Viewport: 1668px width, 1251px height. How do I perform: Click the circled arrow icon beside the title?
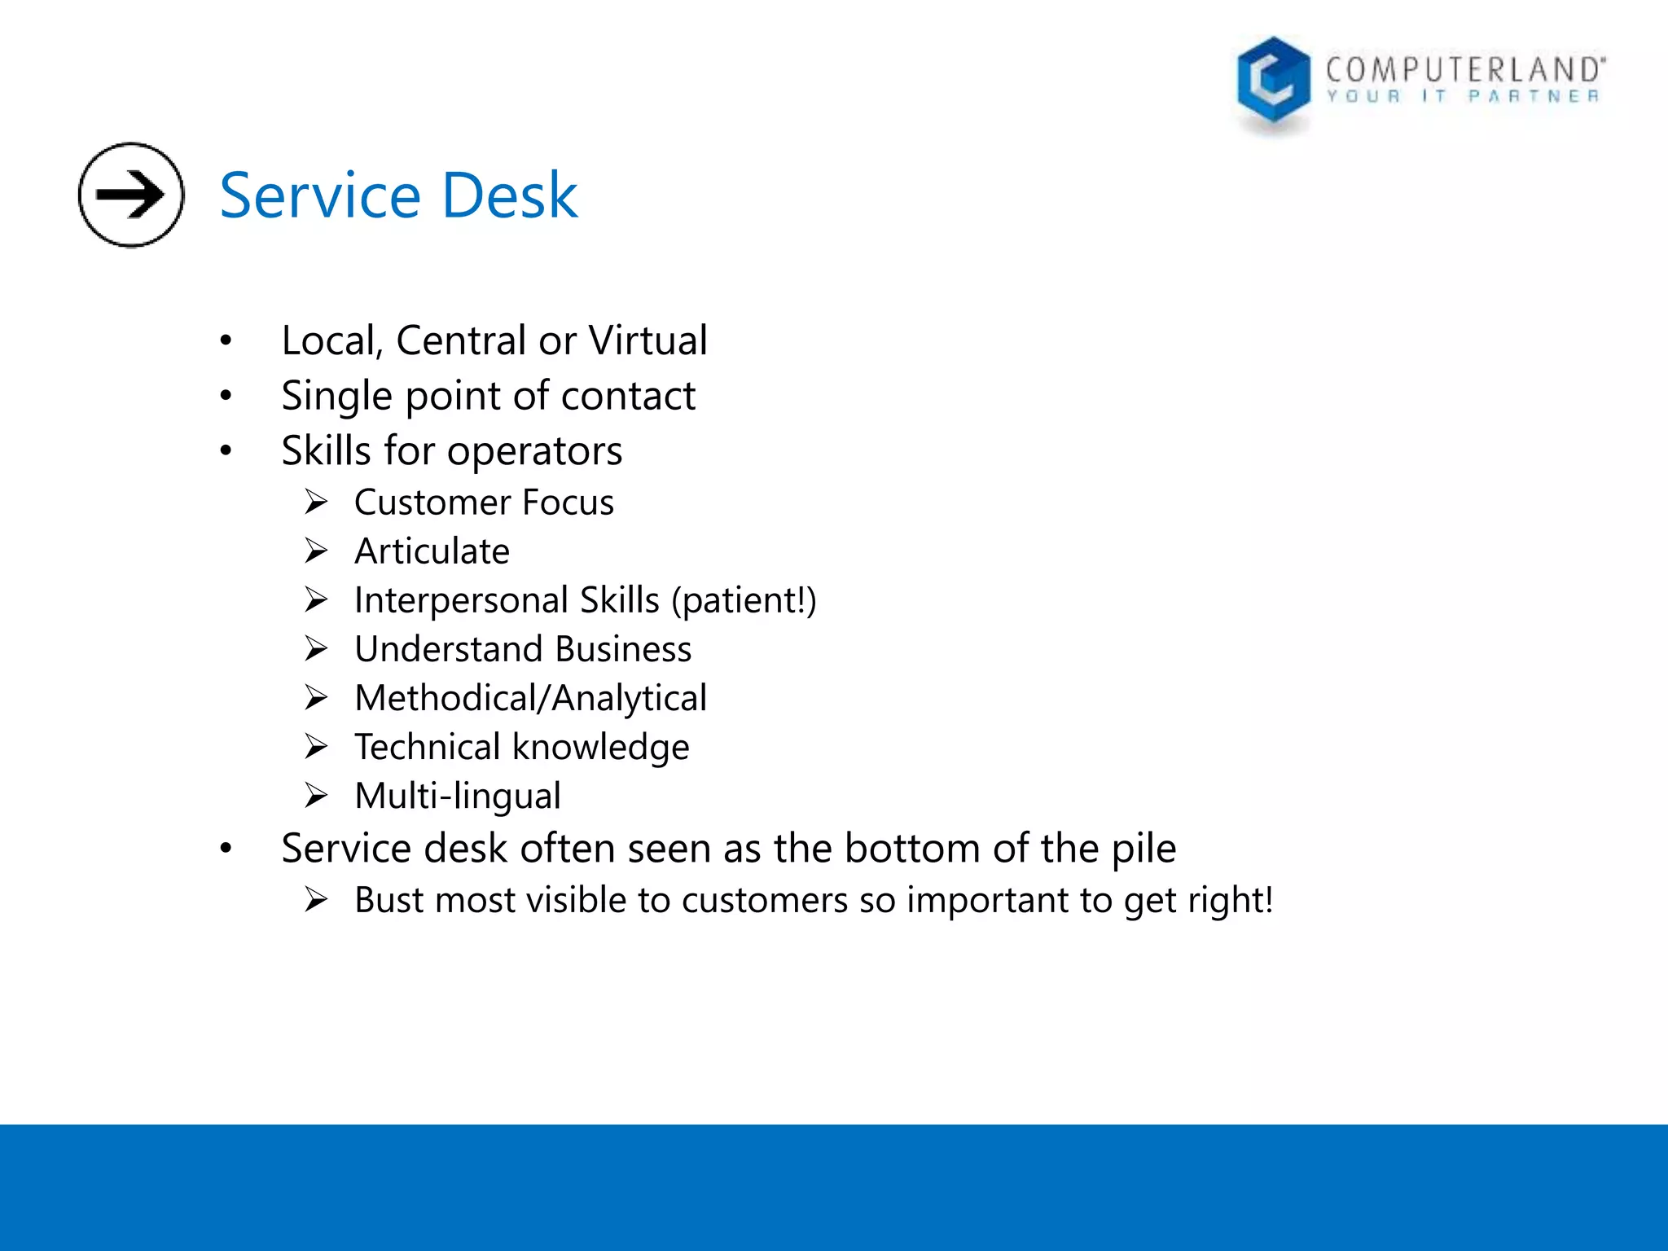(131, 195)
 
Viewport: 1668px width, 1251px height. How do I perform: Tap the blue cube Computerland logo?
(1273, 83)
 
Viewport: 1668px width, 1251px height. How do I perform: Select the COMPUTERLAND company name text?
(1465, 70)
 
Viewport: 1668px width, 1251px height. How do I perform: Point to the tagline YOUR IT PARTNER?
(1463, 97)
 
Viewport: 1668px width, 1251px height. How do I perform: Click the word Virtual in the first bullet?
(647, 340)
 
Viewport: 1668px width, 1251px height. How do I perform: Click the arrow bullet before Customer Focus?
(316, 502)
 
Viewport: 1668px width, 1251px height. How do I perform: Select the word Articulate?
(432, 551)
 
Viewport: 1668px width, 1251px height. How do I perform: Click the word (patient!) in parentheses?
(744, 601)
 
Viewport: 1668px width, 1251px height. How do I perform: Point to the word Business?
(623, 649)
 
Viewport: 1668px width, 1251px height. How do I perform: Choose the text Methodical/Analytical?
(530, 699)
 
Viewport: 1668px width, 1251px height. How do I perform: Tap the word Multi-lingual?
(458, 796)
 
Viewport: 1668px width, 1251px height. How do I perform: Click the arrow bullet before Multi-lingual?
(316, 795)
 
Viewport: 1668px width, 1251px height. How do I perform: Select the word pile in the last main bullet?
(1145, 849)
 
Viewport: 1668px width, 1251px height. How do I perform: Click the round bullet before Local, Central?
(226, 340)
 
